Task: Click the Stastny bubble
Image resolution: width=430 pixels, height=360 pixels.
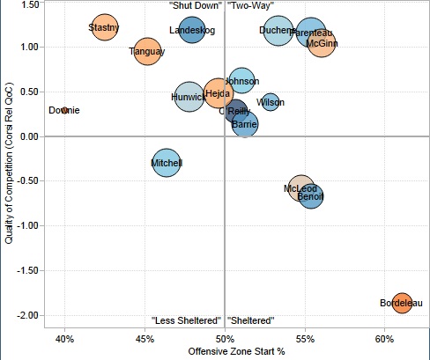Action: tap(104, 28)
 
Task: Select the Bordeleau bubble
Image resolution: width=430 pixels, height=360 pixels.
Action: tap(402, 304)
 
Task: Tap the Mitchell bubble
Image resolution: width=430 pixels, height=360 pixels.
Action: tap(167, 163)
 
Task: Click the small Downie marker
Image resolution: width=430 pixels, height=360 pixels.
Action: tap(64, 110)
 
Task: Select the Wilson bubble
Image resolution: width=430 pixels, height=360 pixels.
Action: tap(271, 102)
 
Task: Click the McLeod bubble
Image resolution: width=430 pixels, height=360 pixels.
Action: tap(301, 187)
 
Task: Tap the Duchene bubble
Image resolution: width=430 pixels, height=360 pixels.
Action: tap(278, 32)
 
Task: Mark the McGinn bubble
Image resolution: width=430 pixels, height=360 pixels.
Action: tap(322, 41)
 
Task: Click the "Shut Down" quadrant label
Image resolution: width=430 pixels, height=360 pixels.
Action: tap(195, 5)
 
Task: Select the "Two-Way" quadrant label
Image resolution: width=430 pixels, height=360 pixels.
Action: tap(251, 5)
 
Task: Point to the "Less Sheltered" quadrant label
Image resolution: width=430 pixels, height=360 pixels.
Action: tap(186, 320)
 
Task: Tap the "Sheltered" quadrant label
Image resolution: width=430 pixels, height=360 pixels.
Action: tap(252, 320)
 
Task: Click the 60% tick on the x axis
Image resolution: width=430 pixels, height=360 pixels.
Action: tap(384, 339)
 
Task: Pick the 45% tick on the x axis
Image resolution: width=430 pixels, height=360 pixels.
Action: tap(145, 339)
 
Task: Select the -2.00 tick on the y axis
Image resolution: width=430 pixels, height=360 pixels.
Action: tap(25, 315)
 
